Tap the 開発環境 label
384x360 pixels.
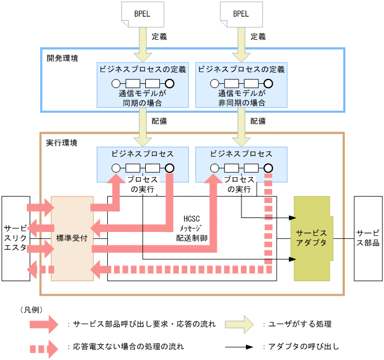pos(61,58)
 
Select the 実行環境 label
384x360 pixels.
pos(61,142)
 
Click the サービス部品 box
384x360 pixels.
pos(368,238)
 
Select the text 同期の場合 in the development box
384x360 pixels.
pos(142,102)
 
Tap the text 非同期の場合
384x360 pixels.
pos(241,102)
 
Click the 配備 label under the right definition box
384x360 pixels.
pos(258,121)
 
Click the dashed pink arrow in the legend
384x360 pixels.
pos(44,347)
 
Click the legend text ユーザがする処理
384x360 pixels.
pos(300,324)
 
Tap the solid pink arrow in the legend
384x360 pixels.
pos(44,324)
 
